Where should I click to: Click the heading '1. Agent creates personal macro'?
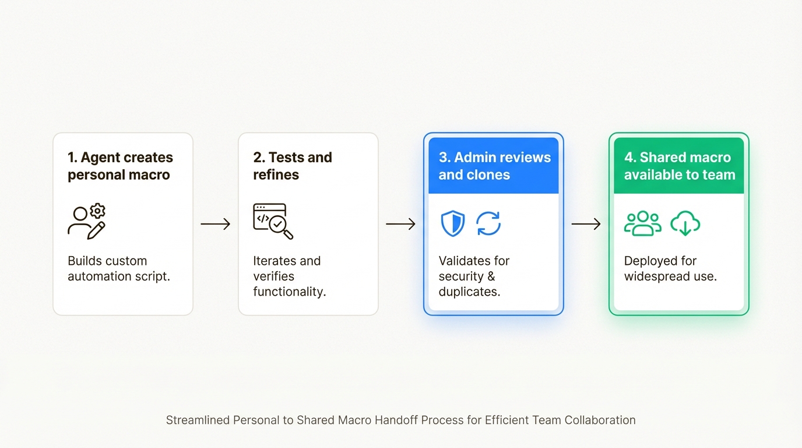point(120,166)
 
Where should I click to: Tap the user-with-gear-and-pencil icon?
point(87,222)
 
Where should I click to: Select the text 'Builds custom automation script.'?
point(119,268)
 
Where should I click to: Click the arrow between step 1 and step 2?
point(216,224)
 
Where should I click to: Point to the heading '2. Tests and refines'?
point(292,166)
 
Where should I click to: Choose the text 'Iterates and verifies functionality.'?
point(289,276)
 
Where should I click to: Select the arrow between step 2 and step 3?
point(400,224)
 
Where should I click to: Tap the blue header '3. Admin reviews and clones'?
point(494,166)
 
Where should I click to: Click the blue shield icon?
point(453,224)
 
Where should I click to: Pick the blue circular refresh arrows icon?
point(488,224)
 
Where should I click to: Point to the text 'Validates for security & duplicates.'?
point(474,276)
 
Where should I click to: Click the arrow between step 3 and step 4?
point(586,224)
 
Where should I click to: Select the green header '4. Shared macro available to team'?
point(679,166)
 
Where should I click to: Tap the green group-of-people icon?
point(642,224)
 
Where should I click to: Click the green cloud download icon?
point(685,224)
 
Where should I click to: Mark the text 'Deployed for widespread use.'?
point(670,268)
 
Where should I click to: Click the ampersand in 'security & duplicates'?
point(491,276)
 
